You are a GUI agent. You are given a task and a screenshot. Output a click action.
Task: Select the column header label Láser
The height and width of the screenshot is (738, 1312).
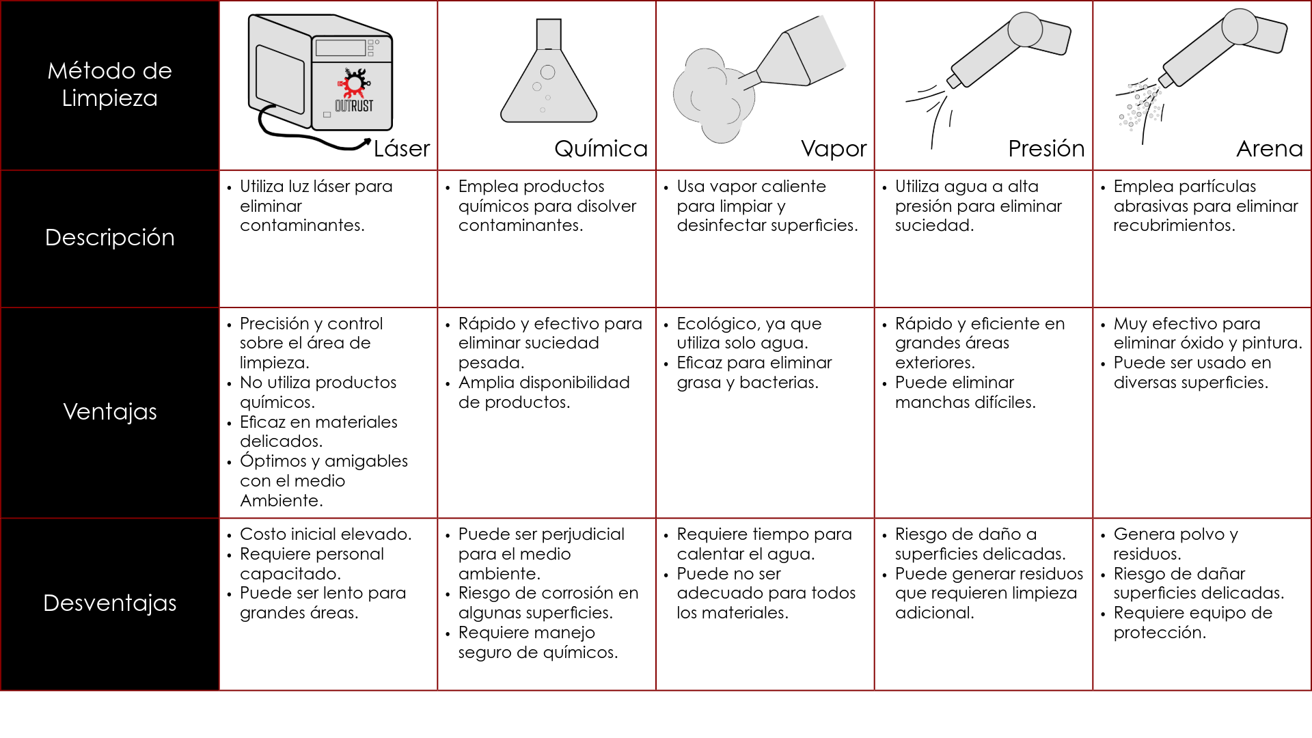(402, 148)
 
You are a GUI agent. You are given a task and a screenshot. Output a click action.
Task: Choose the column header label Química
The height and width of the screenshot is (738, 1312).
(601, 148)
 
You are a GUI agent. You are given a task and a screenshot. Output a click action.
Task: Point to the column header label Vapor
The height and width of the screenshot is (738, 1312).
(834, 148)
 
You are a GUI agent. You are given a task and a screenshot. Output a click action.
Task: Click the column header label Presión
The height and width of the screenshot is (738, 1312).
(1046, 148)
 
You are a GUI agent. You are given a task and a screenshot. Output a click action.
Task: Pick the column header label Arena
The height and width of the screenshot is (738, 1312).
(1270, 148)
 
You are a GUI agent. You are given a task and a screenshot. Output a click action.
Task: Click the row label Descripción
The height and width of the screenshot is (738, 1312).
(110, 237)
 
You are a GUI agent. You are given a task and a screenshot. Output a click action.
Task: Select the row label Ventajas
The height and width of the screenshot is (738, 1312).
(110, 411)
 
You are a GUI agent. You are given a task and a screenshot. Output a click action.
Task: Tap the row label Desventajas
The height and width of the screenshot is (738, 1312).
(110, 603)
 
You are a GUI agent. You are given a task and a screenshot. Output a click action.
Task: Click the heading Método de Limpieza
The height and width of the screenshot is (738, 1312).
(110, 84)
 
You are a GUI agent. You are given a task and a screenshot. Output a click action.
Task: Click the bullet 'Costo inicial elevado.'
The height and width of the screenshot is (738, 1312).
(325, 534)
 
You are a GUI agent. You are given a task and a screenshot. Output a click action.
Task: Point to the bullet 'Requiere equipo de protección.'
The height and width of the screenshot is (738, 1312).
(1192, 623)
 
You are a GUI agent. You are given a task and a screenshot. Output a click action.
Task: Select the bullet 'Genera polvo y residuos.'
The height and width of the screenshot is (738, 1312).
(1175, 544)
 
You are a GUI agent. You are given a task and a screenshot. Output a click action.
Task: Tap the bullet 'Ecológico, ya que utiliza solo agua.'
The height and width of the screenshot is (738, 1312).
(749, 333)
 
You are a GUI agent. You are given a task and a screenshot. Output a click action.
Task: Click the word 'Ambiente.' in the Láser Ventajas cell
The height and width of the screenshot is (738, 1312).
(282, 501)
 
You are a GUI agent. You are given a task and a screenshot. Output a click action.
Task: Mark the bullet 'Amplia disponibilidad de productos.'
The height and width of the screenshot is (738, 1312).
(544, 392)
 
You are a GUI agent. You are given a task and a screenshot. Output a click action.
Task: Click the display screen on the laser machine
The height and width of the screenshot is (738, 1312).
(340, 48)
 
